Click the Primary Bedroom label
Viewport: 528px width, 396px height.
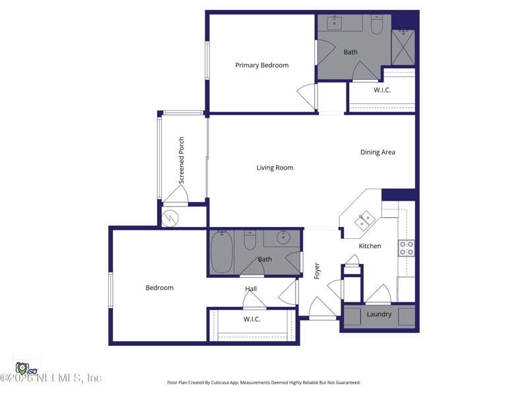pos(262,65)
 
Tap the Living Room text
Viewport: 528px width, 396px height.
pos(275,168)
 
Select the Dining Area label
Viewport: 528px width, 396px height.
pos(378,152)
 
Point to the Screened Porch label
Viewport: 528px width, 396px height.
pos(181,160)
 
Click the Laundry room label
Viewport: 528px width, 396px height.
pos(379,314)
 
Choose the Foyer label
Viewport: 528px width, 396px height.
pos(317,270)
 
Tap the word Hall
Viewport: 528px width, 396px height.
pos(251,288)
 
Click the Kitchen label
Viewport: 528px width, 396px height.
pos(370,246)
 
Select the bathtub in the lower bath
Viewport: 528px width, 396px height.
pos(222,251)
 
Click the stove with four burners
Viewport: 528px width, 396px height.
pos(406,248)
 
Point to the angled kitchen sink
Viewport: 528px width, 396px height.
pos(364,220)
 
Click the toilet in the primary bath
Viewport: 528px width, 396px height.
pos(377,25)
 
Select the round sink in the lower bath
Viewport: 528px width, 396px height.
pos(284,238)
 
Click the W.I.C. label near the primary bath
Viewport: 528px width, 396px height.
pos(382,90)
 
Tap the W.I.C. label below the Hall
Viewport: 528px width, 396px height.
pos(251,319)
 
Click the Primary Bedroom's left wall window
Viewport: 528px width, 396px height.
pos(207,61)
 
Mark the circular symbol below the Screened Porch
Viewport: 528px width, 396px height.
pos(170,217)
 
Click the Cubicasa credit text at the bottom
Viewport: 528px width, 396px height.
pos(263,382)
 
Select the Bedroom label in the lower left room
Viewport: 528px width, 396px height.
pos(160,288)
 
